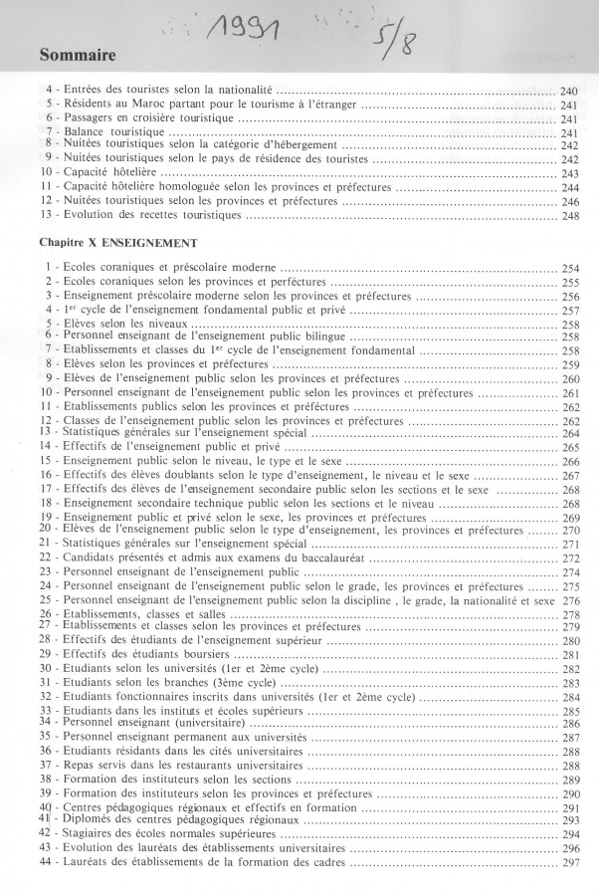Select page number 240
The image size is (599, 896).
(569, 92)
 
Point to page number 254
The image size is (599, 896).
(570, 270)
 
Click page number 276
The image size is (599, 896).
(570, 601)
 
